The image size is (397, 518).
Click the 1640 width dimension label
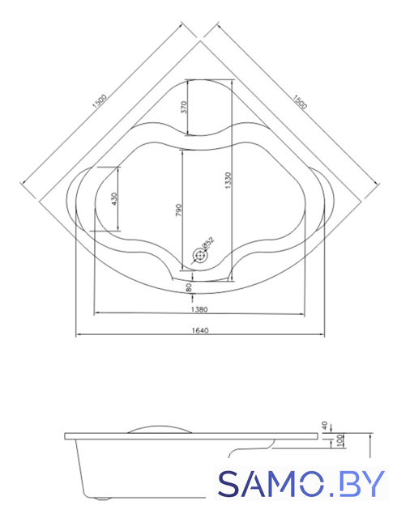[x=200, y=330]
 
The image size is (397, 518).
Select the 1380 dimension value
[x=199, y=309]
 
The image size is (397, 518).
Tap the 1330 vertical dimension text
[x=228, y=180]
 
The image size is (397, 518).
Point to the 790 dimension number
[x=178, y=210]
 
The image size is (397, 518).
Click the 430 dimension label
[x=114, y=199]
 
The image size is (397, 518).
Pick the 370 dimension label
[x=184, y=108]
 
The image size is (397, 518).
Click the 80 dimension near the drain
[x=190, y=287]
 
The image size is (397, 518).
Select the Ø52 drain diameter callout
[x=208, y=242]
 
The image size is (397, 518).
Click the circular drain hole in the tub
[x=199, y=256]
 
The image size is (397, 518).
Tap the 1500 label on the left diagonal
[x=100, y=101]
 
